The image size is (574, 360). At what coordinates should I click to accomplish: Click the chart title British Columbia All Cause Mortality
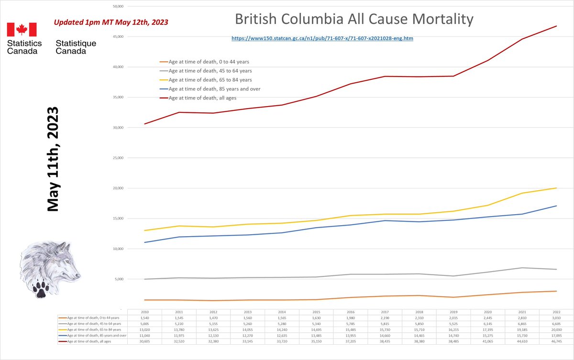pyautogui.click(x=354, y=20)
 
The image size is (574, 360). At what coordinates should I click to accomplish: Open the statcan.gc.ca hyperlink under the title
pyautogui.click(x=322, y=38)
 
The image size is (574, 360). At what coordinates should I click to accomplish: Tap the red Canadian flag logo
pyautogui.click(x=22, y=30)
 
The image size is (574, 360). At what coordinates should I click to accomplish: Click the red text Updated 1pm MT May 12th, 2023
pyautogui.click(x=110, y=22)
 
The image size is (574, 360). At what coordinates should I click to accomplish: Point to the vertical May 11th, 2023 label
pyautogui.click(x=53, y=159)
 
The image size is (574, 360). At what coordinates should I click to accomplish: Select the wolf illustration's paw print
pyautogui.click(x=40, y=288)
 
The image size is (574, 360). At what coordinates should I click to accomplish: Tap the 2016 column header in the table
pyautogui.click(x=351, y=312)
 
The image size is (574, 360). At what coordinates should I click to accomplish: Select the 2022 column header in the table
pyautogui.click(x=557, y=312)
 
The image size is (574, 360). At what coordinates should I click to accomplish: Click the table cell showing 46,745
pyautogui.click(x=557, y=342)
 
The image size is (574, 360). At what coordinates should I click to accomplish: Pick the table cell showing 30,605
pyautogui.click(x=144, y=342)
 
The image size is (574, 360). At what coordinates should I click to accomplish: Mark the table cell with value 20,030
pyautogui.click(x=557, y=330)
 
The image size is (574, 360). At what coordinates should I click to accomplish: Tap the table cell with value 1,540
pyautogui.click(x=144, y=318)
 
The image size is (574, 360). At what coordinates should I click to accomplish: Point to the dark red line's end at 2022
pyautogui.click(x=557, y=26)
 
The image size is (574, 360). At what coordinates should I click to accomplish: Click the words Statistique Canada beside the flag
pyautogui.click(x=76, y=47)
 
